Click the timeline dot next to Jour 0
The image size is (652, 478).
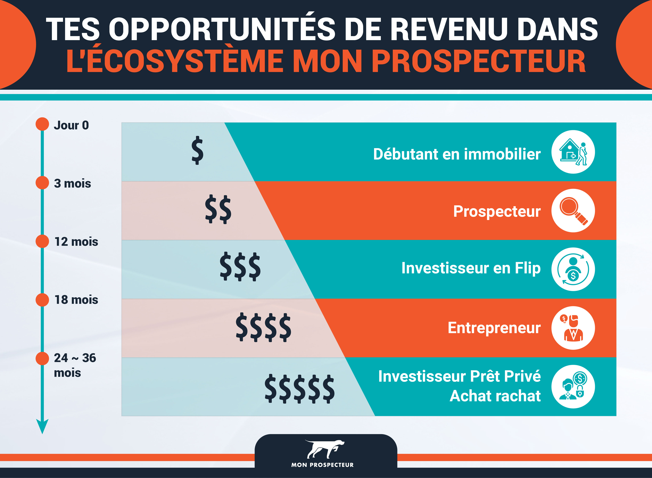(42, 124)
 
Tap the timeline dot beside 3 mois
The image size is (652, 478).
(42, 183)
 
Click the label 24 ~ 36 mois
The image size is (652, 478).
(75, 365)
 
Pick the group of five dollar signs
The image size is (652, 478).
(300, 389)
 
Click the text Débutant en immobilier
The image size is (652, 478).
(457, 154)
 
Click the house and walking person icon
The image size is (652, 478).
(573, 152)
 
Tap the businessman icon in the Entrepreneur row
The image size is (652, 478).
(573, 328)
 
